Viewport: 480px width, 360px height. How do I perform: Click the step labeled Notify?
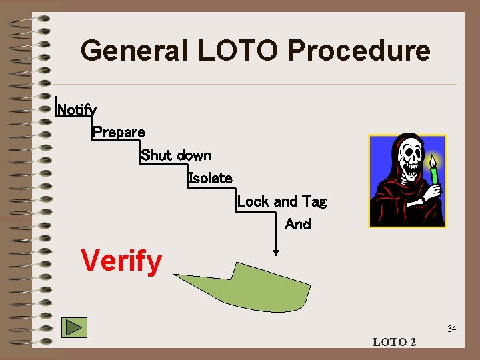coord(77,109)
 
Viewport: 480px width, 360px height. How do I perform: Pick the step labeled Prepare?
coord(119,132)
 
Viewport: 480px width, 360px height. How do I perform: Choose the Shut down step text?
coord(176,155)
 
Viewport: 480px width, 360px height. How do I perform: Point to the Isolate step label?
coord(210,178)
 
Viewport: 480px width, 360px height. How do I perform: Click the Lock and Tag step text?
coord(281,201)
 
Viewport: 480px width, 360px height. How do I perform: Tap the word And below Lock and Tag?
coord(297,224)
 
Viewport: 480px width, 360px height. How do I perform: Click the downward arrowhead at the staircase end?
coord(275,252)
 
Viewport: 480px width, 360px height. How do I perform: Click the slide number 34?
coord(451,329)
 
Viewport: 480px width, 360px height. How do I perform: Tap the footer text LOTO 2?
coord(394,342)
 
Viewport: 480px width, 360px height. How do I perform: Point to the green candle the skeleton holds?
coord(434,175)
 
